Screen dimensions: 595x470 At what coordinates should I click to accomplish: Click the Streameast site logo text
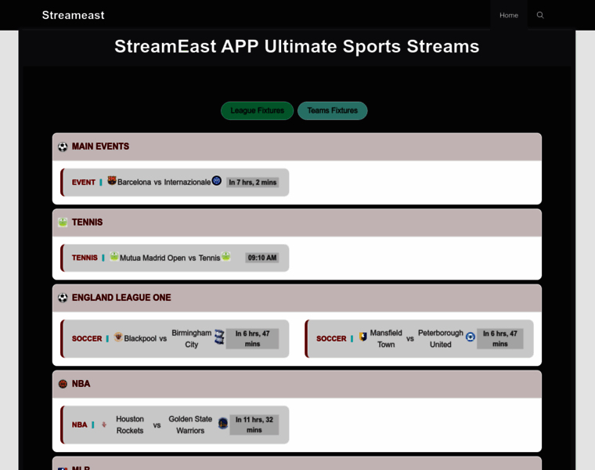(x=73, y=15)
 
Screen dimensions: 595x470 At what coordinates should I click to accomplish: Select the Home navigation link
(x=508, y=15)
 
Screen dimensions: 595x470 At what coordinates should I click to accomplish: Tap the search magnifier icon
(x=540, y=15)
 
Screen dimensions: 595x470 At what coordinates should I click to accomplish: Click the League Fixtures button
(x=257, y=110)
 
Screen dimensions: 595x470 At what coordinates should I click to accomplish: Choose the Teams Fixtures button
(x=333, y=110)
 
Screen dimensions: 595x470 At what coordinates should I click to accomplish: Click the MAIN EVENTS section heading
(x=100, y=146)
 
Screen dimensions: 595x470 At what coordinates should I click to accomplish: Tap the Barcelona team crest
(x=111, y=180)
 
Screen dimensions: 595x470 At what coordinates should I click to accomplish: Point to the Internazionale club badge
(x=217, y=180)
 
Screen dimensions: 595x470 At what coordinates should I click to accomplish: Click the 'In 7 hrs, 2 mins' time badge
(x=252, y=183)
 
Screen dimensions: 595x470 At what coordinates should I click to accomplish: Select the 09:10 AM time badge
(x=261, y=258)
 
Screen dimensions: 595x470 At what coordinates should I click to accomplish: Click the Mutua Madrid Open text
(x=153, y=258)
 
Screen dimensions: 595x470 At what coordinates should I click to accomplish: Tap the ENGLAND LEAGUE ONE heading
(x=121, y=298)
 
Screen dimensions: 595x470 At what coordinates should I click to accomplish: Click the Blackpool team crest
(x=118, y=337)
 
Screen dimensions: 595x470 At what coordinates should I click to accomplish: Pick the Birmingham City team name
(x=192, y=338)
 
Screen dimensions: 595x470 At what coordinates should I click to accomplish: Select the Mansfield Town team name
(x=386, y=338)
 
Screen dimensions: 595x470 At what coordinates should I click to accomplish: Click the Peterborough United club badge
(x=471, y=337)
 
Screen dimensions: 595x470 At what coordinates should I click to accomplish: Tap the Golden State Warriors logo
(x=223, y=423)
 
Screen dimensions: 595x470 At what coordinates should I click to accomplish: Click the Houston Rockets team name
(x=130, y=425)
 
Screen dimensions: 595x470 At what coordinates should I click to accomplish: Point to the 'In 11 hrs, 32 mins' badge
(x=254, y=425)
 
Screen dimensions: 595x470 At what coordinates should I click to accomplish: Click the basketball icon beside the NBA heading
(x=63, y=384)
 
